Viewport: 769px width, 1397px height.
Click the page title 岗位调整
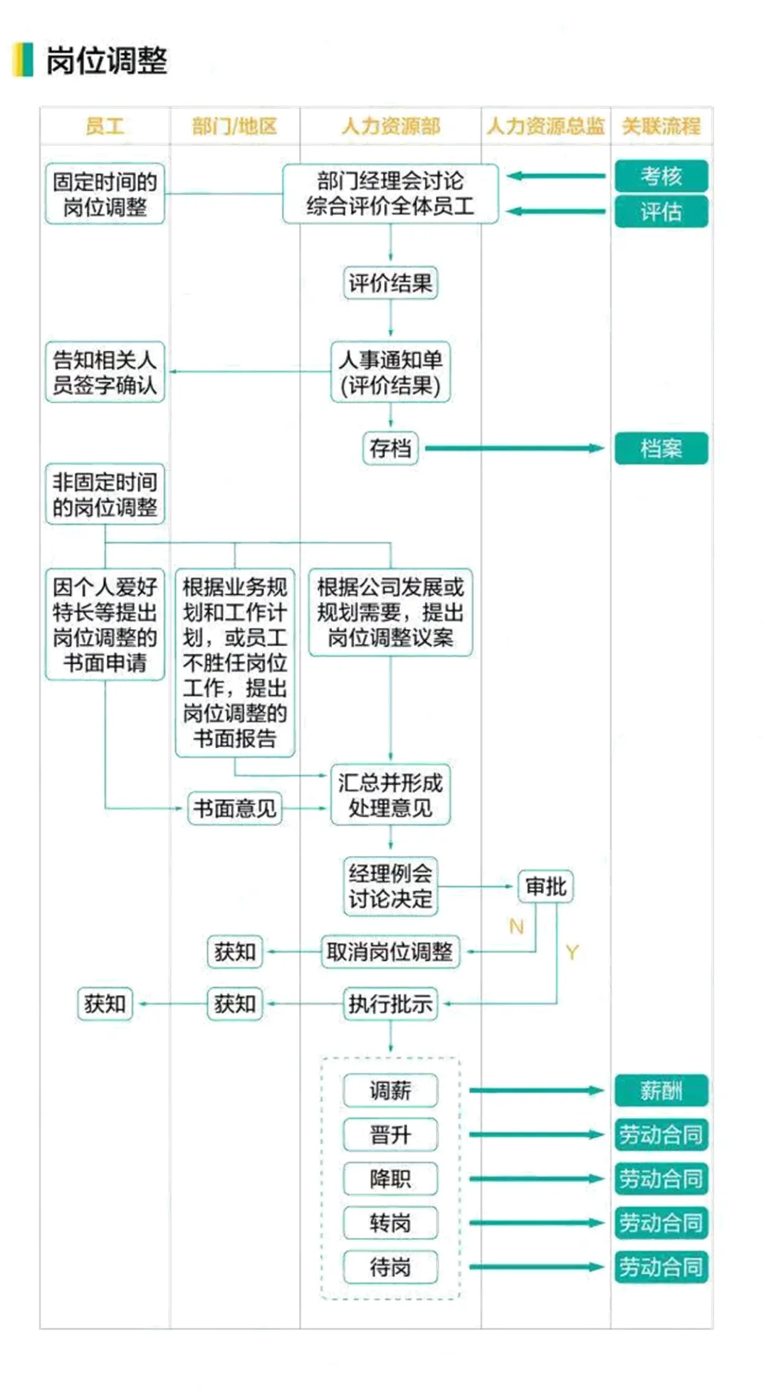click(x=106, y=60)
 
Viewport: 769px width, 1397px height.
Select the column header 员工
click(x=105, y=127)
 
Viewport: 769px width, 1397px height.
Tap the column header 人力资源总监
click(x=545, y=127)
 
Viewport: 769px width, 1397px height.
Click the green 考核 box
click(x=661, y=176)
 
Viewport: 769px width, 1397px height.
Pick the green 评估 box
click(x=661, y=211)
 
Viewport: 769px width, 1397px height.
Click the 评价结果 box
click(x=390, y=283)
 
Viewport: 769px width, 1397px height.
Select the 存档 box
click(x=390, y=448)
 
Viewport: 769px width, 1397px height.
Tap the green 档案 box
click(x=661, y=448)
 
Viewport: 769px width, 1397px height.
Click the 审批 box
click(x=545, y=887)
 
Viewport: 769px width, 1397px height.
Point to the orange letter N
click(x=516, y=926)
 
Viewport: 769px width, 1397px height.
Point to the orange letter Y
click(x=572, y=952)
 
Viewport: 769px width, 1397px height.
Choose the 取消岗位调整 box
click(x=390, y=951)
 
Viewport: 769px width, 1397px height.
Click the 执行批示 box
click(x=390, y=1004)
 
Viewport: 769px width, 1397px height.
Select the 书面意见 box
click(x=234, y=808)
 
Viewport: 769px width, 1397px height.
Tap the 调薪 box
click(x=390, y=1090)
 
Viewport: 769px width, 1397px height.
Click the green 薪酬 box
click(x=661, y=1090)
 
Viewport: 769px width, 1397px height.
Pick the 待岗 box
click(x=390, y=1267)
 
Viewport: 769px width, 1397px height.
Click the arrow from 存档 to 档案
click(x=513, y=448)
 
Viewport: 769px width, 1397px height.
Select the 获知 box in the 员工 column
click(x=105, y=1004)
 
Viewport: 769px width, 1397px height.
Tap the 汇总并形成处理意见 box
click(x=390, y=795)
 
